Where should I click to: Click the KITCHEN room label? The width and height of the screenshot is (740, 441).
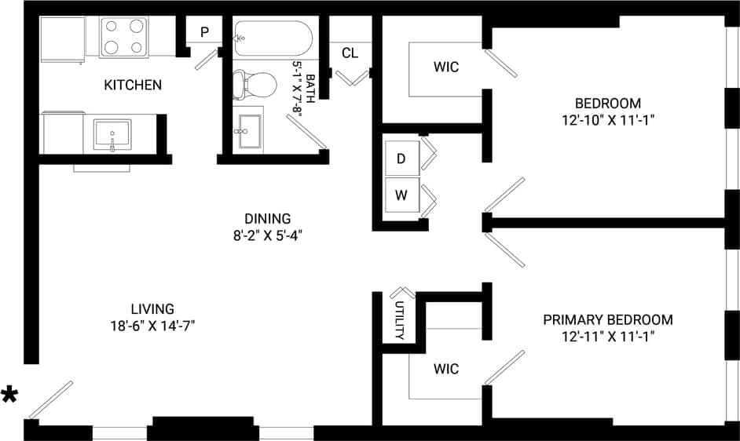pyautogui.click(x=133, y=85)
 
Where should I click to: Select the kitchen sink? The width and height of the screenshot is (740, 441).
pyautogui.click(x=112, y=134)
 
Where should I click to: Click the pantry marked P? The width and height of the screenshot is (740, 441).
pyautogui.click(x=204, y=32)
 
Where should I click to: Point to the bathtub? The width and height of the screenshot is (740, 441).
pyautogui.click(x=273, y=38)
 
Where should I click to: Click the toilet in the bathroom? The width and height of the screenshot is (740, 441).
pyautogui.click(x=257, y=84)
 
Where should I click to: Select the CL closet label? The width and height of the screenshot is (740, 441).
pyautogui.click(x=350, y=53)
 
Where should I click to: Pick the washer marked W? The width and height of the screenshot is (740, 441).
pyautogui.click(x=401, y=195)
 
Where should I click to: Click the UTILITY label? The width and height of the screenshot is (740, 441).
pyautogui.click(x=399, y=321)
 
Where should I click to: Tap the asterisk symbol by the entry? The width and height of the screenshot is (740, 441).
pyautogui.click(x=9, y=395)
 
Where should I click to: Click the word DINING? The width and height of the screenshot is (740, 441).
pyautogui.click(x=267, y=219)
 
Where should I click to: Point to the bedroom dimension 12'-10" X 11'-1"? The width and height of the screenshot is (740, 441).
pyautogui.click(x=607, y=120)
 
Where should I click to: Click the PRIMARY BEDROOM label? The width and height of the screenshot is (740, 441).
pyautogui.click(x=607, y=319)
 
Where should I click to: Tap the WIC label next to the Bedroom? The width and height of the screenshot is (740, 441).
pyautogui.click(x=446, y=67)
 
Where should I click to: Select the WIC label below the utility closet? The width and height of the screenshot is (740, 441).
pyautogui.click(x=446, y=369)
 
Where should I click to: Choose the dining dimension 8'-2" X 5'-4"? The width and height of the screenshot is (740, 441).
pyautogui.click(x=267, y=235)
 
